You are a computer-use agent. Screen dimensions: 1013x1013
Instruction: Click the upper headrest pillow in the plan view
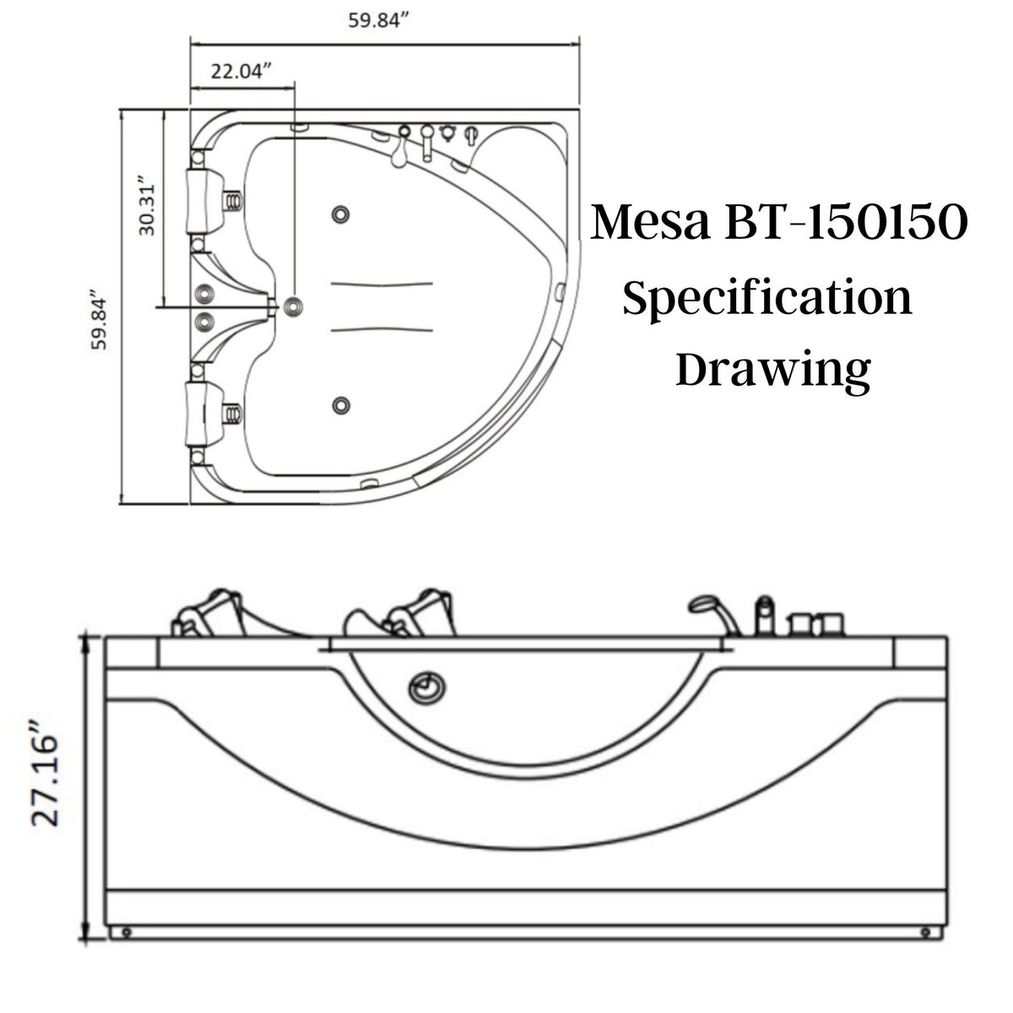[203, 199]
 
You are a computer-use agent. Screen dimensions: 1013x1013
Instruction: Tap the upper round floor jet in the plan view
[341, 214]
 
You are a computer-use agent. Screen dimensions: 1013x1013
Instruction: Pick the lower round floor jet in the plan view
[341, 406]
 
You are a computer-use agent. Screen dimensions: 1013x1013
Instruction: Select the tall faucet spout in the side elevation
[764, 615]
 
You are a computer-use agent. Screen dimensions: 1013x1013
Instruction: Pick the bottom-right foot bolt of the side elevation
[926, 933]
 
